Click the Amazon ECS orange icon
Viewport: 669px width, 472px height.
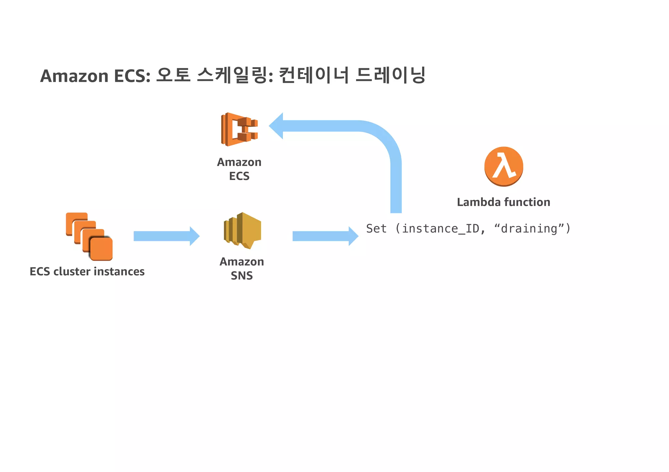239,129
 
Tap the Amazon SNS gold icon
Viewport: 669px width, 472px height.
242,231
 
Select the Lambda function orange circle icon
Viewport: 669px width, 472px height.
504,166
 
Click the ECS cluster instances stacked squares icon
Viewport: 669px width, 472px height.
89,236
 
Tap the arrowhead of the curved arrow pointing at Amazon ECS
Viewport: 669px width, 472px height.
277,126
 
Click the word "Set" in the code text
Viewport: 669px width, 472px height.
376,229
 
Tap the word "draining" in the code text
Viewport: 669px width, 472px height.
529,229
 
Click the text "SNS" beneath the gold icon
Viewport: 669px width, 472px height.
242,276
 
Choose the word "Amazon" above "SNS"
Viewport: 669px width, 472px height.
242,262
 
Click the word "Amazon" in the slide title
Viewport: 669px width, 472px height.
74,76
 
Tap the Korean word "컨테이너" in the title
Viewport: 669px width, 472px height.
314,75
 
